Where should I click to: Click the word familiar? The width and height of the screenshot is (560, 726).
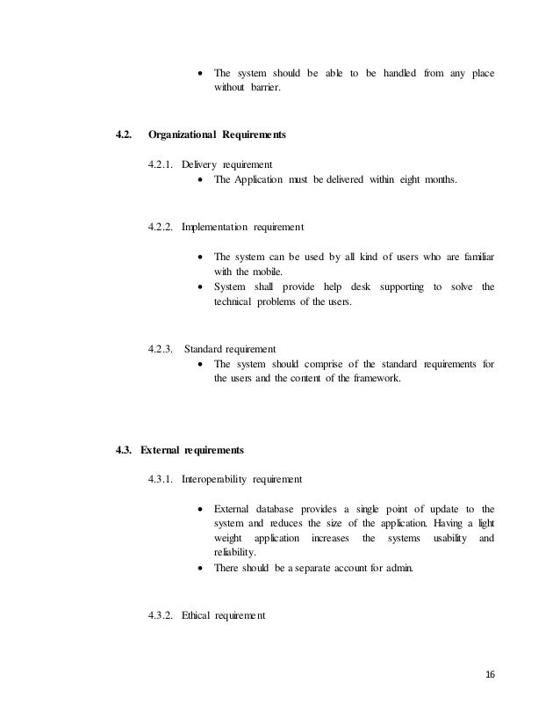point(476,256)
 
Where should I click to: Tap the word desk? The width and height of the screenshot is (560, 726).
point(357,287)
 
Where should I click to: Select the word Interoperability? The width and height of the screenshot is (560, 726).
point(215,480)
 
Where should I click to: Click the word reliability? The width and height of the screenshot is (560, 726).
point(234,553)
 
